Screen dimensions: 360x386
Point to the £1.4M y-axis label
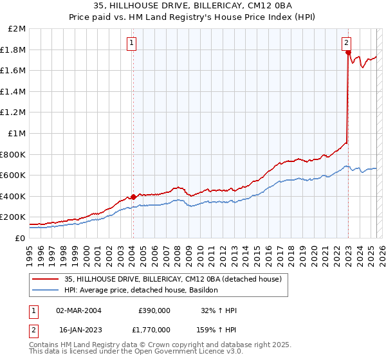coord(14,91)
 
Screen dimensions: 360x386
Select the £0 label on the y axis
coord(20,238)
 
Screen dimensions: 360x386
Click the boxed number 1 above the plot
coord(131,43)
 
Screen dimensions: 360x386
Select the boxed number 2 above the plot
coord(347,43)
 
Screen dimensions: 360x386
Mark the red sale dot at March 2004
coord(133,197)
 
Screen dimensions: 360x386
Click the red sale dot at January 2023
coord(348,53)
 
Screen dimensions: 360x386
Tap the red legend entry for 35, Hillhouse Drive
coord(172,279)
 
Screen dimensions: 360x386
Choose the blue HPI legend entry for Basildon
coord(141,291)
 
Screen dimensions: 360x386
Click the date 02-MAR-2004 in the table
coord(79,310)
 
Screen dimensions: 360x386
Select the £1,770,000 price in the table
coord(154,329)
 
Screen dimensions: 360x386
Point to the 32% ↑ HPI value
coord(219,310)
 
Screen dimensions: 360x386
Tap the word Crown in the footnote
coord(140,345)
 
